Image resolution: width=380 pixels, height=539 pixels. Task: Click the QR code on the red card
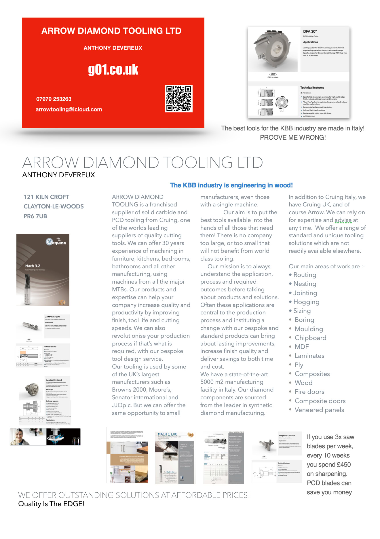coord(179,98)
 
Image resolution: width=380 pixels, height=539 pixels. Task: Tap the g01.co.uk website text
coord(113,70)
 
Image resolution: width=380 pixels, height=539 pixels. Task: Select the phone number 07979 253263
coord(54,99)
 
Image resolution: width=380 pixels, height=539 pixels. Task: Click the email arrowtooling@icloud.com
coord(69,109)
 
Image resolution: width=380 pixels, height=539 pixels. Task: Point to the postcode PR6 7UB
coord(35,216)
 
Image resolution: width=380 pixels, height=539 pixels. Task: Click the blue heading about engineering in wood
coord(231,185)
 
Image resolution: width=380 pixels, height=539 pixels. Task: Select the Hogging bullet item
coord(306,302)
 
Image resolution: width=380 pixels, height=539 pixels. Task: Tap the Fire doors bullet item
coord(309,392)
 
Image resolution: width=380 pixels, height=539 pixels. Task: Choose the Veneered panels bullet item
coord(319,410)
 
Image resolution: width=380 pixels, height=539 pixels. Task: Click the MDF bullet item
coord(302,347)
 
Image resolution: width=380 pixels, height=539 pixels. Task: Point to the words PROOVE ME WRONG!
coord(293,138)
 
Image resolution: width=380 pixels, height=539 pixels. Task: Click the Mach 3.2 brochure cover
coord(43,270)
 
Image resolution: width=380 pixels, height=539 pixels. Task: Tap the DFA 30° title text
coord(310,31)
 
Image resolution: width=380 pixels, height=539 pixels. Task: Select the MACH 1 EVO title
coord(168,434)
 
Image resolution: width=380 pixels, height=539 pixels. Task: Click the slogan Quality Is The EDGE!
coord(51,504)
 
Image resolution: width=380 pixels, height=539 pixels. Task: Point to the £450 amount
coord(344,465)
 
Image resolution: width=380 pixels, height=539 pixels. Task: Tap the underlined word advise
coord(343,220)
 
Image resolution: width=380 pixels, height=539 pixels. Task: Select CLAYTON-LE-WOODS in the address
coord(54,206)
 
